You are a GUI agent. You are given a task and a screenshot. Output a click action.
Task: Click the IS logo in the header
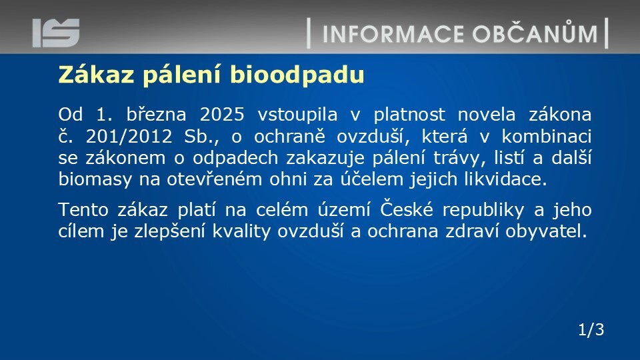[x=56, y=33]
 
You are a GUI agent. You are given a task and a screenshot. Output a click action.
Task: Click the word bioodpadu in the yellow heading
[x=297, y=75]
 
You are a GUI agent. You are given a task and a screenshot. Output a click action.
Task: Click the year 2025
[x=222, y=114]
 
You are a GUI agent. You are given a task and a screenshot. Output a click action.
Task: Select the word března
[x=156, y=114]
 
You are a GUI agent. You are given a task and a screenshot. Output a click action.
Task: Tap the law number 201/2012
[x=129, y=136]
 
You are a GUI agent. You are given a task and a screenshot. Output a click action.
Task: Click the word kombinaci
[x=547, y=136]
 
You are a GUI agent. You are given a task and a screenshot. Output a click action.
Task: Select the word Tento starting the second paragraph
[x=83, y=210]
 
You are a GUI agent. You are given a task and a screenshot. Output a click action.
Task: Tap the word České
[x=407, y=209]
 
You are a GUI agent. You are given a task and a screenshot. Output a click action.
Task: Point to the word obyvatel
[x=546, y=231]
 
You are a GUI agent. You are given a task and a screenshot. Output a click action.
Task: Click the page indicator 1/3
[x=591, y=329]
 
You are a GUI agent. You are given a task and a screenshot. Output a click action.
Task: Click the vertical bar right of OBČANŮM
[x=607, y=33]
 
